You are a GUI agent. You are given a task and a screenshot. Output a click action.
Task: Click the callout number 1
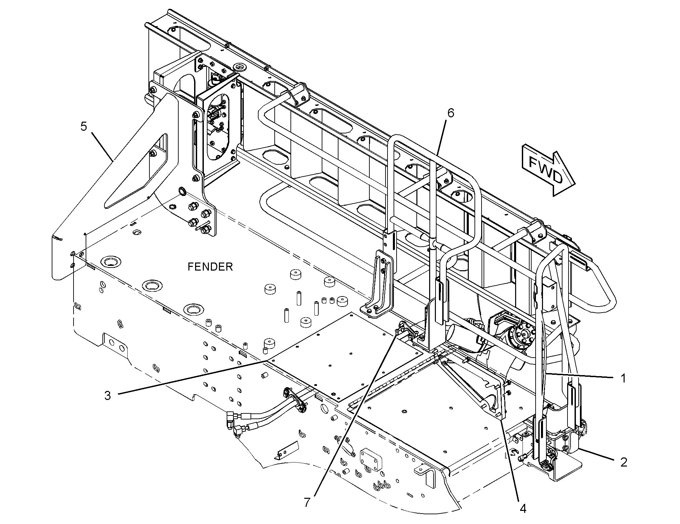tap(623, 378)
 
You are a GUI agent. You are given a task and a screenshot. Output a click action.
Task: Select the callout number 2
tap(624, 462)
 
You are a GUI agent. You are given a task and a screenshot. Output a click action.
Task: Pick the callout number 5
tap(84, 126)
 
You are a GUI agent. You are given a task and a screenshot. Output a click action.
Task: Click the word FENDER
tap(210, 267)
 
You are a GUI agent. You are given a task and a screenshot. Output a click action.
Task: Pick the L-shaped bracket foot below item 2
tap(568, 471)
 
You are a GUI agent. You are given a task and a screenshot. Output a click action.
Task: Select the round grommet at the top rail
tap(239, 66)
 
